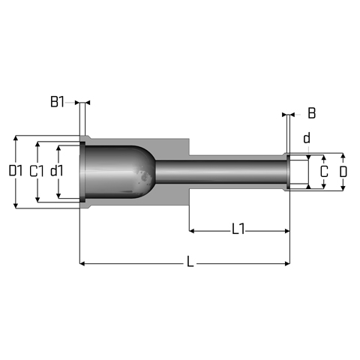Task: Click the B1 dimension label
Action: pyautogui.click(x=57, y=102)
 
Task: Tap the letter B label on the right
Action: pyautogui.click(x=312, y=113)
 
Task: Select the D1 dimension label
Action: pyautogui.click(x=16, y=171)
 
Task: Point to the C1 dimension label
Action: pyautogui.click(x=36, y=172)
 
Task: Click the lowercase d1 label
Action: pyautogui.click(x=57, y=171)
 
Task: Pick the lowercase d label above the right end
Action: pyautogui.click(x=307, y=138)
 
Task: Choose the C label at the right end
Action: pyautogui.click(x=324, y=172)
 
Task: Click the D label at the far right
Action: pyautogui.click(x=343, y=172)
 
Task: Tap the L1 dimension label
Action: pyautogui.click(x=238, y=229)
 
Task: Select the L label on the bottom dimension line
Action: pyautogui.click(x=190, y=262)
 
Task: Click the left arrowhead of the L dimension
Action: pyautogui.click(x=82, y=263)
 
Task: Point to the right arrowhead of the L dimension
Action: pyautogui.click(x=287, y=263)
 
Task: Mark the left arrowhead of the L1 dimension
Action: pyautogui.click(x=192, y=231)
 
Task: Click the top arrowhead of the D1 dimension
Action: pyautogui.click(x=16, y=138)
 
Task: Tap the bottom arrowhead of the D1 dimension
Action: pyautogui.click(x=16, y=205)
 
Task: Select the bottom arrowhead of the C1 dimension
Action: pyautogui.click(x=37, y=199)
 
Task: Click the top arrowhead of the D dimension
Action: pyautogui.click(x=343, y=156)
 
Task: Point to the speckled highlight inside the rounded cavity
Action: pyautogui.click(x=144, y=175)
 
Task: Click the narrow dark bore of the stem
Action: pyautogui.click(x=221, y=172)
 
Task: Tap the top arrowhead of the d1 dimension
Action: pyautogui.click(x=58, y=148)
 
